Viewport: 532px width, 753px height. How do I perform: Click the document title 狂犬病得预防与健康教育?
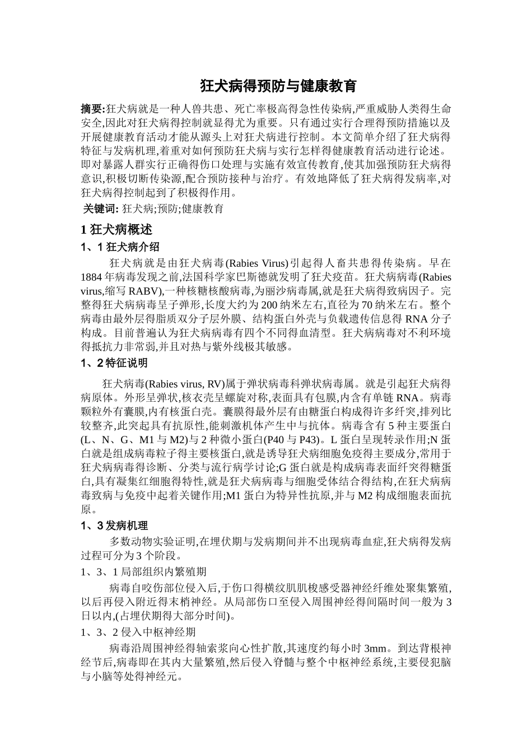[x=278, y=86]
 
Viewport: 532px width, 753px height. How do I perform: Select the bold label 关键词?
[x=100, y=209]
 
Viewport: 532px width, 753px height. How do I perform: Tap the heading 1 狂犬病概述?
[x=116, y=230]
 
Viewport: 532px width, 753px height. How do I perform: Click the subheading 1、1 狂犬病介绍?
[x=120, y=247]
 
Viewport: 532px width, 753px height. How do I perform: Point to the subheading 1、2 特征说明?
[x=114, y=363]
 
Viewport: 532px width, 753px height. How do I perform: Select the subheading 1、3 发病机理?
[x=114, y=526]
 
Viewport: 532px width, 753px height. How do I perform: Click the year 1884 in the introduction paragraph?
[x=91, y=277]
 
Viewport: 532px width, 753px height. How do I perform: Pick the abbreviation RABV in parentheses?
[x=143, y=291]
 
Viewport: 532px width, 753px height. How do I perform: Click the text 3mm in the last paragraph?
[x=376, y=649]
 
